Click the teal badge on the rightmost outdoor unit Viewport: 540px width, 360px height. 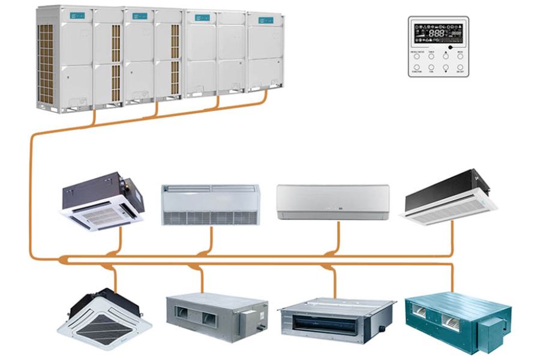coord(266,20)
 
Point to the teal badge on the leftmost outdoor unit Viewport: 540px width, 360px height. coord(77,15)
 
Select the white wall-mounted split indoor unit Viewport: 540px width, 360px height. coord(332,202)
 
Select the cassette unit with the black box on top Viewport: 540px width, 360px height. coord(103,200)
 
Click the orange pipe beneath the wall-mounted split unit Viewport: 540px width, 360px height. coord(338,237)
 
